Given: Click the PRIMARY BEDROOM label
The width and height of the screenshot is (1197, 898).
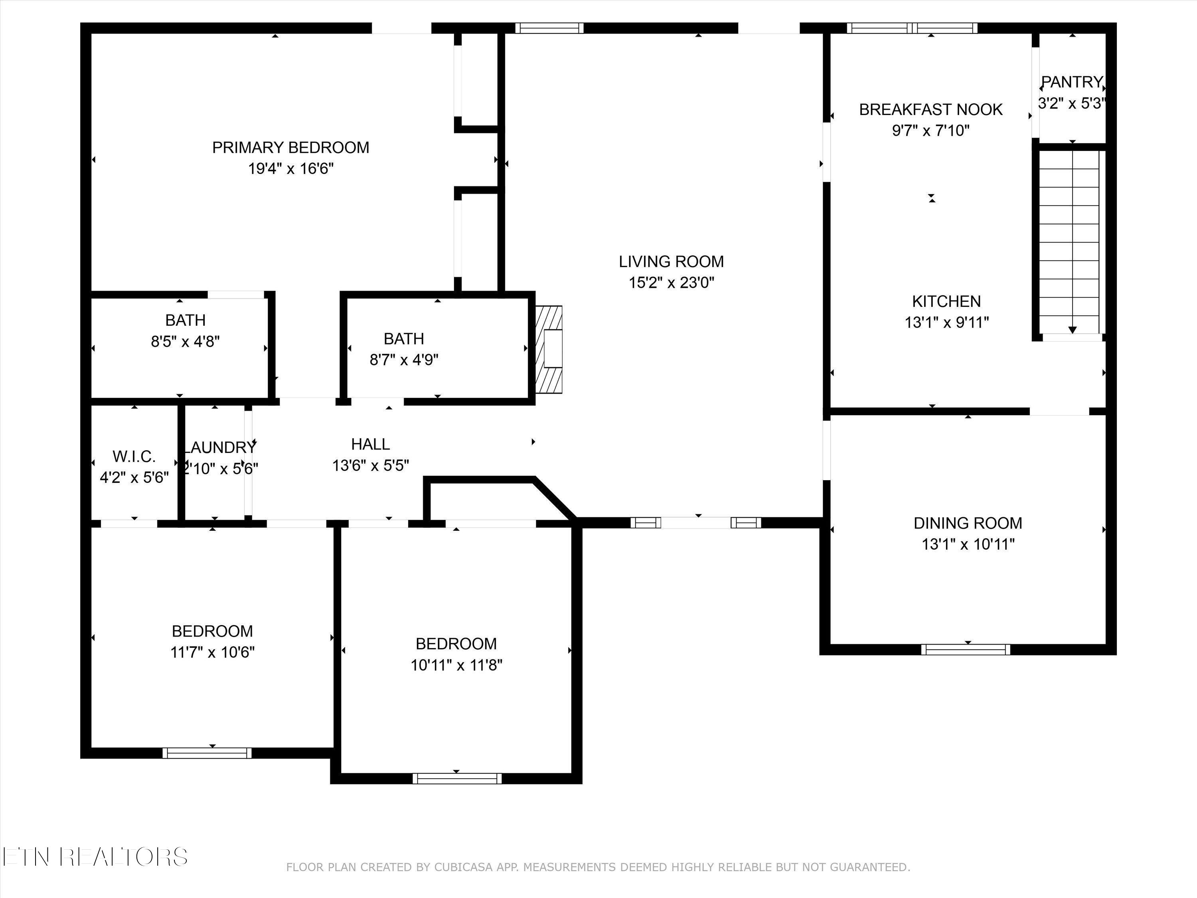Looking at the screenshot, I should (290, 147).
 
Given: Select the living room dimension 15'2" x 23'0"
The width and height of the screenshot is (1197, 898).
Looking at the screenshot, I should (671, 283).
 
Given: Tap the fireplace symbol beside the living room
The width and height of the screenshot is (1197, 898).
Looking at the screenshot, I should (549, 349).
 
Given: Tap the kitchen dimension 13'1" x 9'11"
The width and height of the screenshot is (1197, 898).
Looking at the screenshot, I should (946, 322).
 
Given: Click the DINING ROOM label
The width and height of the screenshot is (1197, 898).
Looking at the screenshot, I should (968, 523).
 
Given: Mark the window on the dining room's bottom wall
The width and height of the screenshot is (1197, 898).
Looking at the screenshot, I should (966, 649).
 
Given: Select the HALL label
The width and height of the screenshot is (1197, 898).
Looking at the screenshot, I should (370, 444).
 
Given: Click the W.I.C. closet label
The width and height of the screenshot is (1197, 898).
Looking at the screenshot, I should (134, 456).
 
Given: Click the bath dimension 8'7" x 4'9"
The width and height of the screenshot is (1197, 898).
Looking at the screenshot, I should (404, 360).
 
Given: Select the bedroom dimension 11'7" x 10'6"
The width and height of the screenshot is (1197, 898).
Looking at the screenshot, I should (212, 652).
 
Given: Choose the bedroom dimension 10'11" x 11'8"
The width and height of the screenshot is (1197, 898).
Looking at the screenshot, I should (456, 665).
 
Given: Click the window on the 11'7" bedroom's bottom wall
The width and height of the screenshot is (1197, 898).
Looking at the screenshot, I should (207, 752).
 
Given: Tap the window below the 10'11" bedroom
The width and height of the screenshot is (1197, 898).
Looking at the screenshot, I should (457, 778).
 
